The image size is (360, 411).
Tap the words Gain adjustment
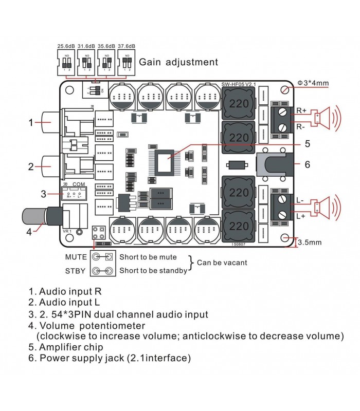pos(178,62)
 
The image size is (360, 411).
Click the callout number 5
pos(307,144)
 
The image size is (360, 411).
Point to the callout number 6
pos(308,165)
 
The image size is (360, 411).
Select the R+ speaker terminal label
pos(301,110)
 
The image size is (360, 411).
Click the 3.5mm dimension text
pos(311,241)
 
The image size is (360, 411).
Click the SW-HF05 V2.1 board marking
pos(239,84)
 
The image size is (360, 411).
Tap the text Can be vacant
pos(222,263)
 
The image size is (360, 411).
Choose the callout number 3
pos(44,194)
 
